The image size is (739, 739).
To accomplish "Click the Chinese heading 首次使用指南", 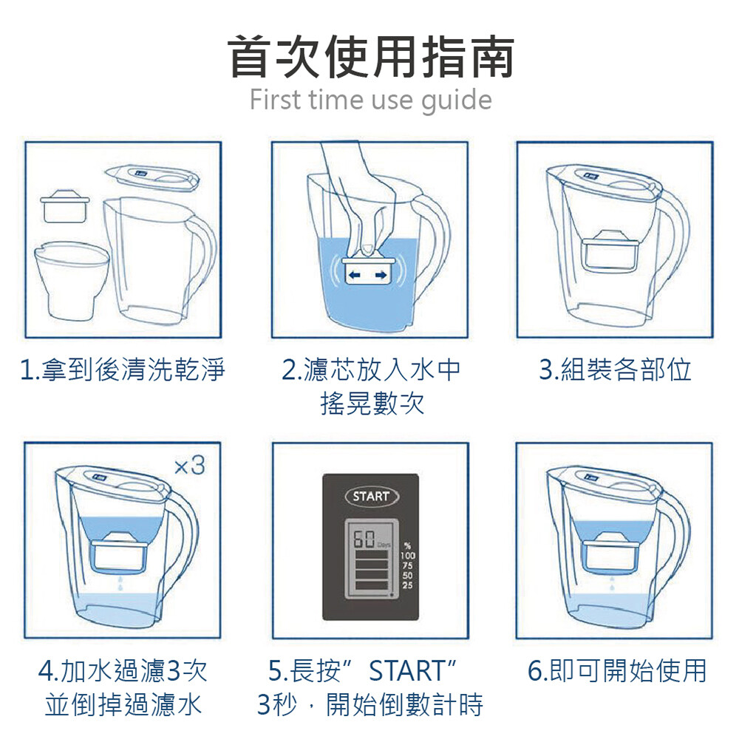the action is pyautogui.click(x=371, y=57).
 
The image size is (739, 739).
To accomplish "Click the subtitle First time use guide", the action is pyautogui.click(x=370, y=100).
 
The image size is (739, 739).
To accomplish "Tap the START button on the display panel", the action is pyautogui.click(x=372, y=496).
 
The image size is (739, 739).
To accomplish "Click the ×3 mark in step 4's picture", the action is pyautogui.click(x=189, y=466).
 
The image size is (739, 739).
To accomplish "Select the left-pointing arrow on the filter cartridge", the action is pyautogui.click(x=355, y=275).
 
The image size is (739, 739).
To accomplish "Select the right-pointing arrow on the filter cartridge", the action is pyautogui.click(x=381, y=275).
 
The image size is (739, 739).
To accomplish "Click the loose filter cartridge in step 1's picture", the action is pyautogui.click(x=65, y=205).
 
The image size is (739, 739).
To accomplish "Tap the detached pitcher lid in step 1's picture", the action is pyautogui.click(x=151, y=177).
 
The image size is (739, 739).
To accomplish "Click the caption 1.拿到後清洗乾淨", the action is pyautogui.click(x=123, y=369).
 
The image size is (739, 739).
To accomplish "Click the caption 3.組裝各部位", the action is pyautogui.click(x=615, y=369).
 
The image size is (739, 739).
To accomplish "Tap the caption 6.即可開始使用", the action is pyautogui.click(x=617, y=670).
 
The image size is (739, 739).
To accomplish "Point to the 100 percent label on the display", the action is pyautogui.click(x=408, y=556).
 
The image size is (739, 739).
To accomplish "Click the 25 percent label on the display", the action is pyautogui.click(x=407, y=585).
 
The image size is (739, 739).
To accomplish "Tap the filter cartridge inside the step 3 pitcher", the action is pyautogui.click(x=610, y=251).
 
